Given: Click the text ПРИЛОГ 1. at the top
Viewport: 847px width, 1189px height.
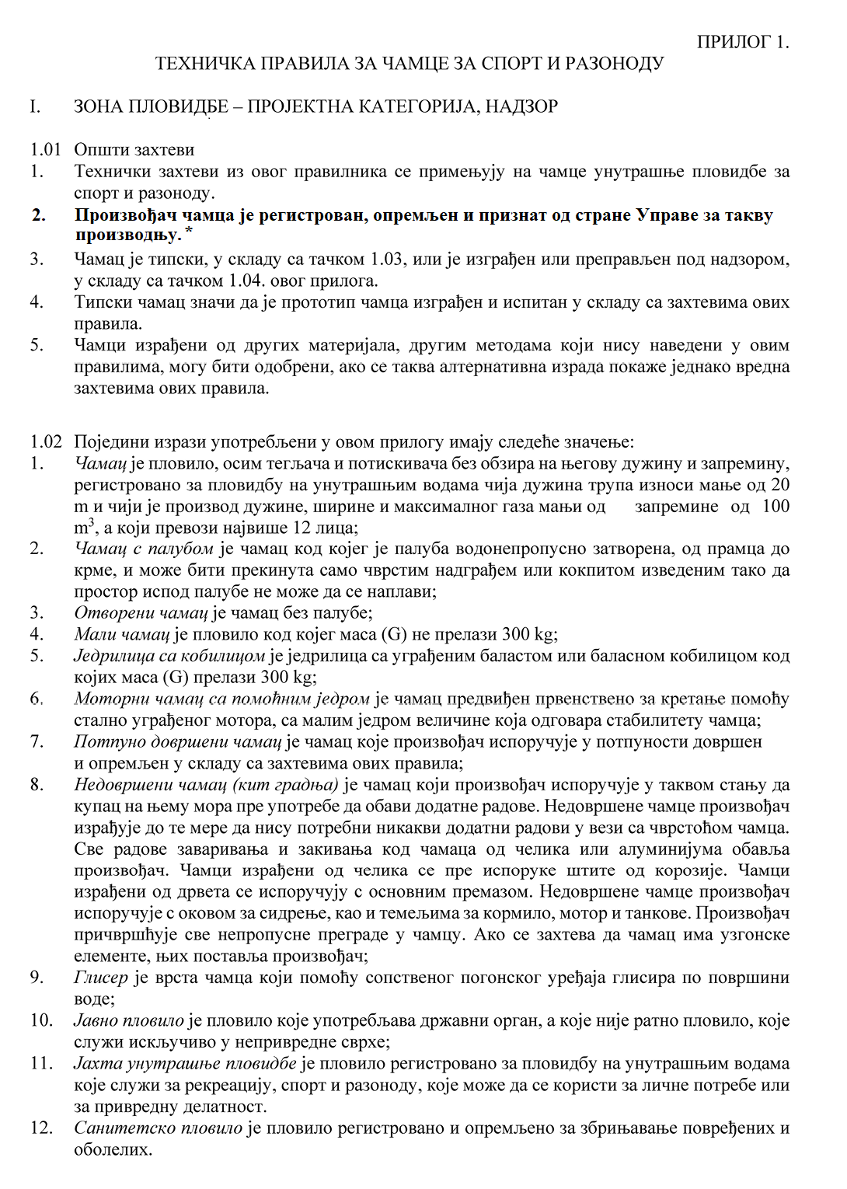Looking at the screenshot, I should point(742,42).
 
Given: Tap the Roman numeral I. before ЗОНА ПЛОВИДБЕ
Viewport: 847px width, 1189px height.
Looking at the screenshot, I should point(35,106).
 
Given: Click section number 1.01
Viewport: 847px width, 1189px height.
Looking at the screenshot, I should point(45,149).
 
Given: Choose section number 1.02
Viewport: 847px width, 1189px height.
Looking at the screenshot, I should point(45,442).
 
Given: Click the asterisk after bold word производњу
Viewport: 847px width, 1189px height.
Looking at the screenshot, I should point(189,232).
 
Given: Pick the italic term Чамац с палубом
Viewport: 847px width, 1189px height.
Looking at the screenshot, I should point(144,549).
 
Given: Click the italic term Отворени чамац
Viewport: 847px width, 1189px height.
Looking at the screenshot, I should point(141,612).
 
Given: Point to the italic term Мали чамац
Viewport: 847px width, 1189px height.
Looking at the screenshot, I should point(122,634).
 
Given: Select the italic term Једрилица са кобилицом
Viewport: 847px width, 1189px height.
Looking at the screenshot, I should point(169,656).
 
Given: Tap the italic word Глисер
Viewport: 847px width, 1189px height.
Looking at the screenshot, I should point(100,978).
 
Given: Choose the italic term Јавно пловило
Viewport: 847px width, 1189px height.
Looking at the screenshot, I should point(129,1020).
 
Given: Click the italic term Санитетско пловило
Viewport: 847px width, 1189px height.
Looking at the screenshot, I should point(159,1128).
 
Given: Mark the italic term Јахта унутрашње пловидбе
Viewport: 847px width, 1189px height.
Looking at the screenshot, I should point(185,1063).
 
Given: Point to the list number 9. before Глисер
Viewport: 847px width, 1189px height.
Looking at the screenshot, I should point(37,978).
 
